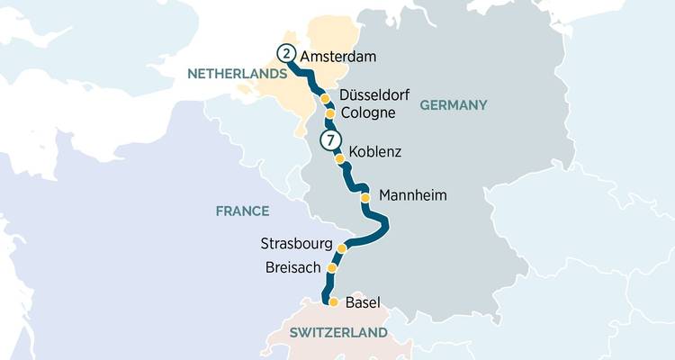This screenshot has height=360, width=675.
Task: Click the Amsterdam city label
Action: pos(337,56)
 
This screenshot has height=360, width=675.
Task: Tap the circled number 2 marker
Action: pos(286,53)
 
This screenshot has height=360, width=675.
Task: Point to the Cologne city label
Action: pos(368,113)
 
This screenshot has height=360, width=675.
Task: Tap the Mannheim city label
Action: pos(413,195)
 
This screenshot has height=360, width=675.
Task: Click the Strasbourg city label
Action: pos(295,245)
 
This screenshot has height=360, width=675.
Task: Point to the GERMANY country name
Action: pos(453,105)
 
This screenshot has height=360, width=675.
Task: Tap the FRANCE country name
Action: pos(242,211)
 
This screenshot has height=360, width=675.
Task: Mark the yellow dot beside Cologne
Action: pos(330,114)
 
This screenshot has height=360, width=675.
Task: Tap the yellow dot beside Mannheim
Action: pos(364,196)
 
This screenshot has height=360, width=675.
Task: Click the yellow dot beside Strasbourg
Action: pos(341,248)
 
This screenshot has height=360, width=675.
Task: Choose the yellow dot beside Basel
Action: pos(333,302)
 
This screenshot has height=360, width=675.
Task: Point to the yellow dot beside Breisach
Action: pos(332,268)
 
